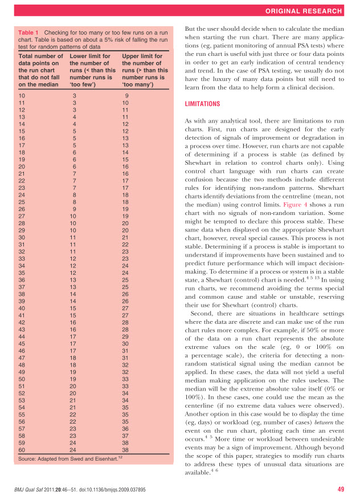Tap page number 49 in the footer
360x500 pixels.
(341, 489)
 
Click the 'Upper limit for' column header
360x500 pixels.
(143, 56)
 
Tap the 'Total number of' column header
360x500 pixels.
(41, 56)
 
